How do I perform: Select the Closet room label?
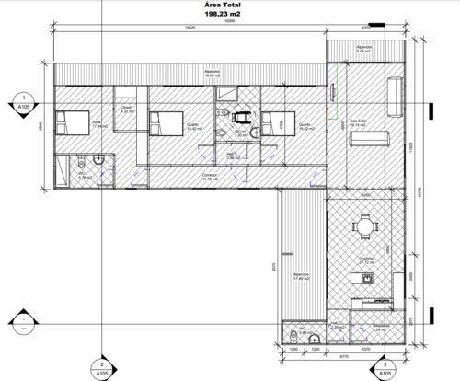(x=128, y=110)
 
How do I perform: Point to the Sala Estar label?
(x=358, y=120)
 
